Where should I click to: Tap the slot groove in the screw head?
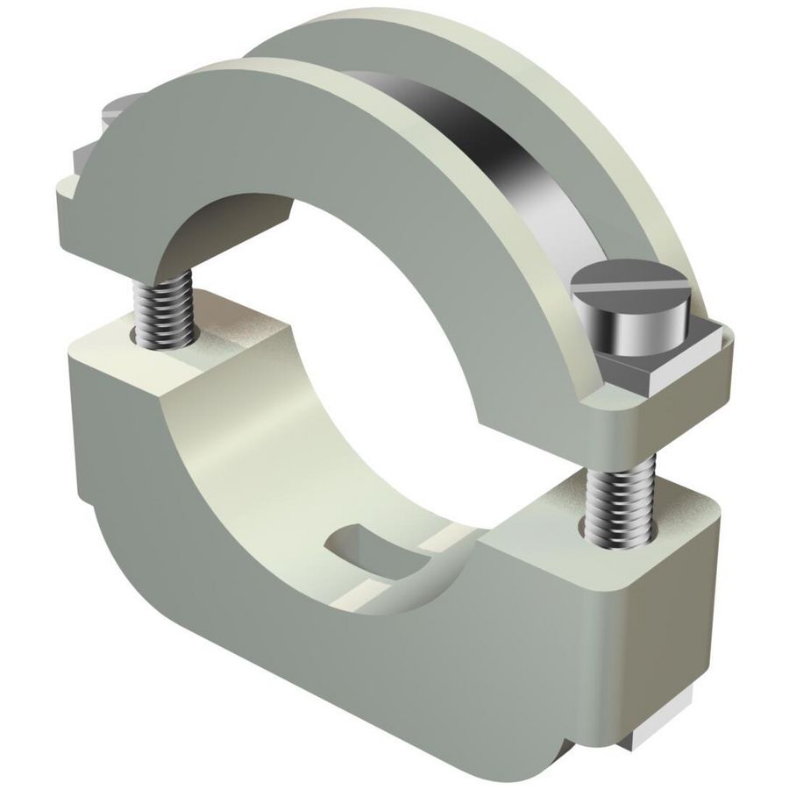click(x=624, y=287)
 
